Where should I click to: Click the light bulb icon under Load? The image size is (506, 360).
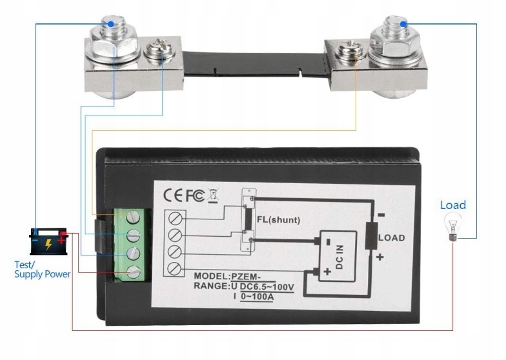click(452, 227)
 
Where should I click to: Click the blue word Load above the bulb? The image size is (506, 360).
click(452, 205)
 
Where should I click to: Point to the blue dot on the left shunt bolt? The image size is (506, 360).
click(112, 23)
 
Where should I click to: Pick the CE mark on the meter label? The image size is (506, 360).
click(173, 194)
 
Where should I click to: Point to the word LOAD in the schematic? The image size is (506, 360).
click(391, 238)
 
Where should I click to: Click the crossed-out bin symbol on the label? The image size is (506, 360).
click(215, 194)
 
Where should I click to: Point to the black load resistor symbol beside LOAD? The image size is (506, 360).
click(371, 237)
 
